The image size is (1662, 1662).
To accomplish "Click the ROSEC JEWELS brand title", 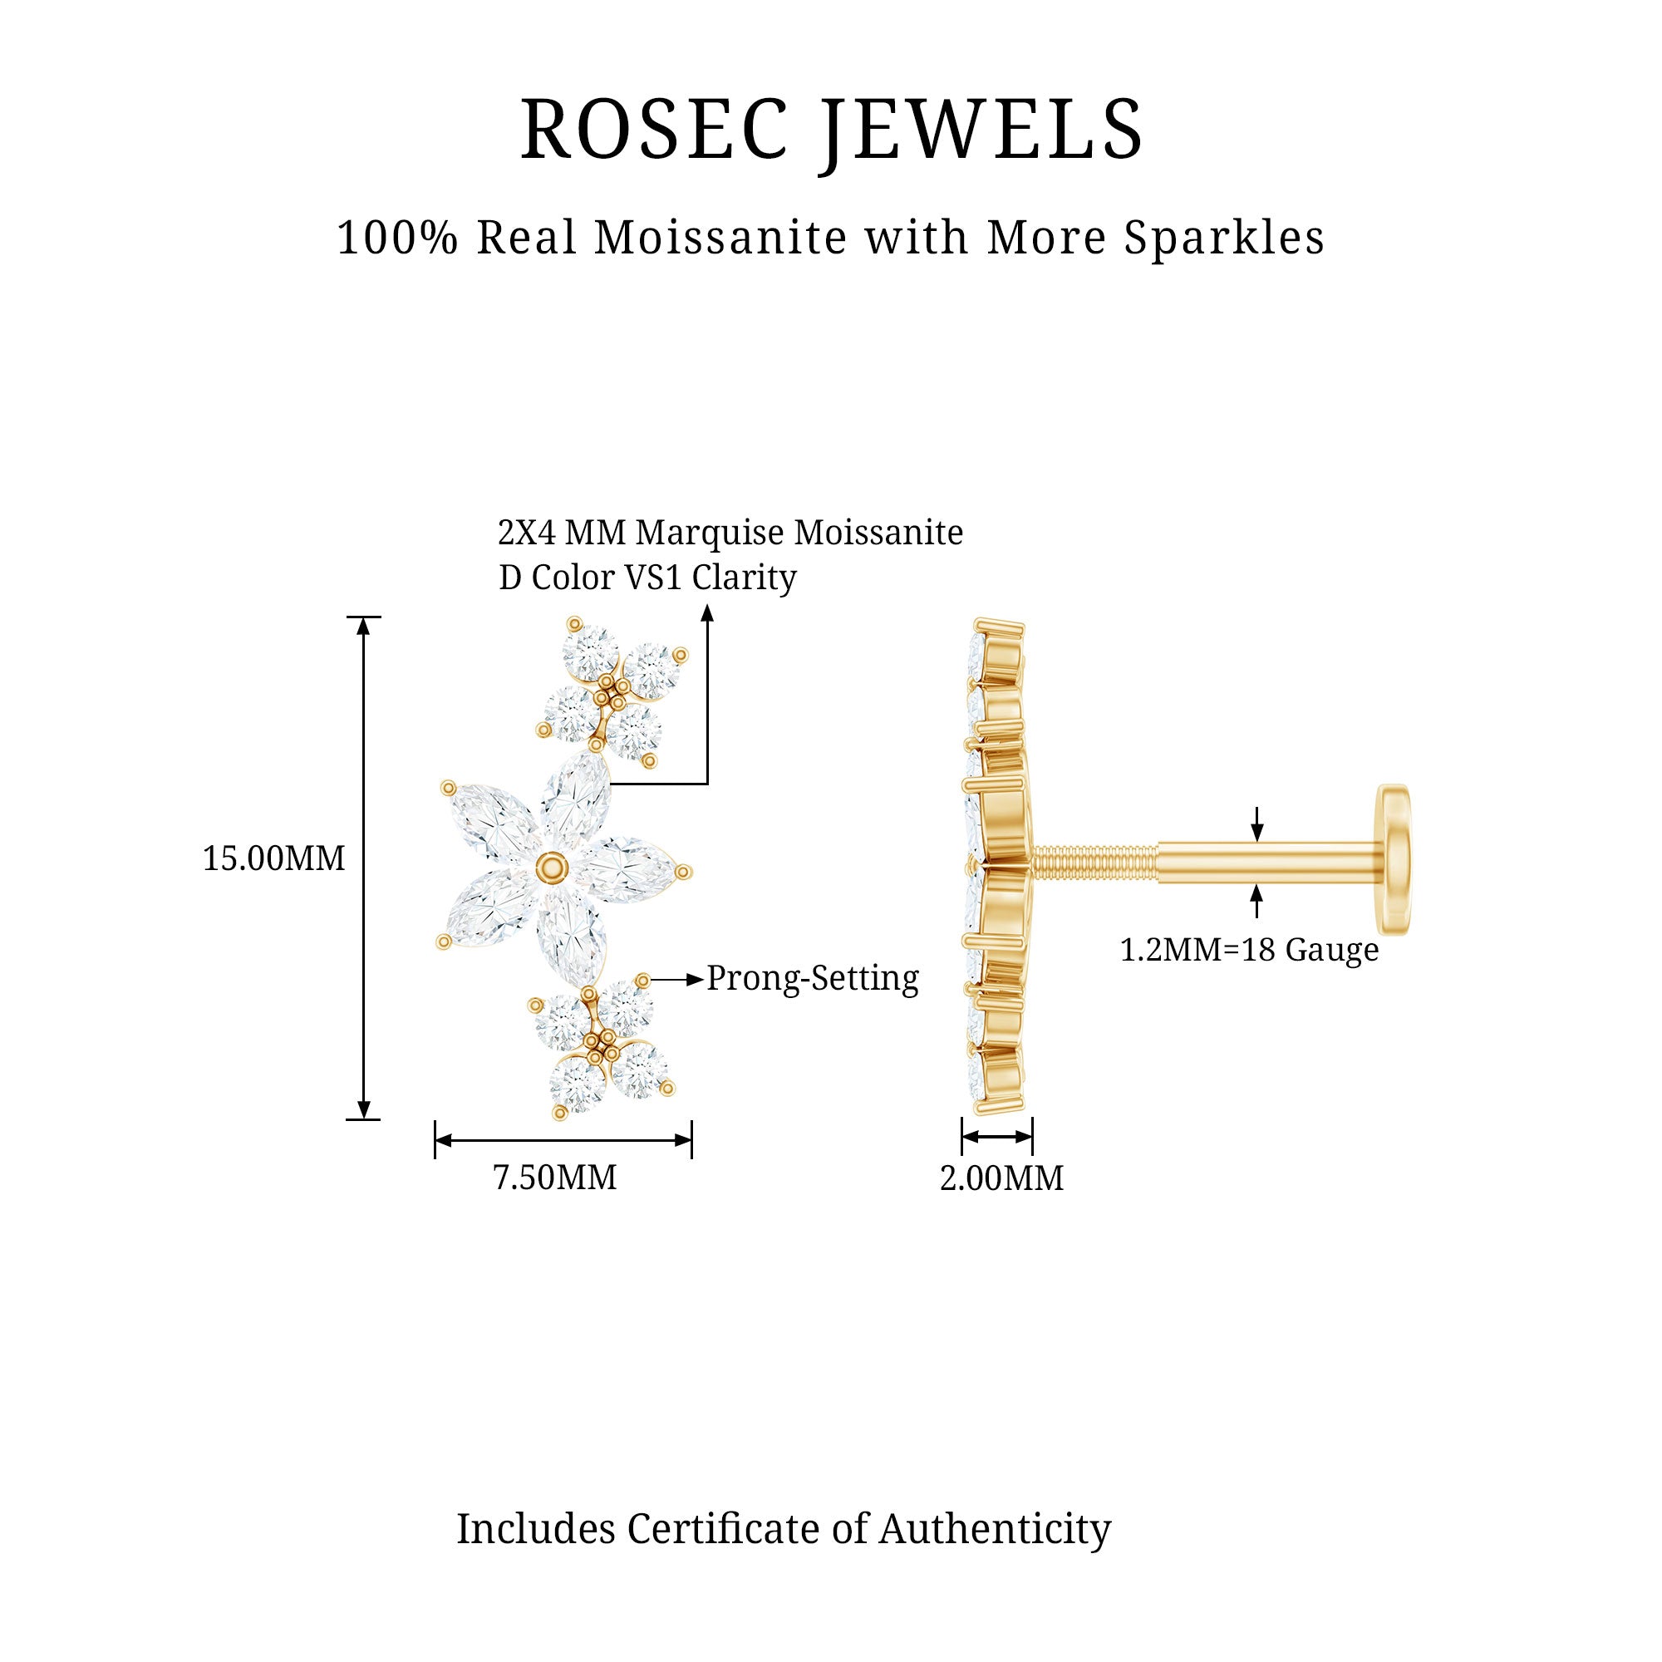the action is (831, 130).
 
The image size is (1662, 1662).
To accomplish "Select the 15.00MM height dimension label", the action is (273, 858).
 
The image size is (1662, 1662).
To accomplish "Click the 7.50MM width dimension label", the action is (555, 1178).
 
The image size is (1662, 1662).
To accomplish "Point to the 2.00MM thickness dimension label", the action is (1001, 1178).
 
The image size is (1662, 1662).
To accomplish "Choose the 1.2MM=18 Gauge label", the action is (1249, 950).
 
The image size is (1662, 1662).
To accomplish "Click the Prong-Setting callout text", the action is (813, 979).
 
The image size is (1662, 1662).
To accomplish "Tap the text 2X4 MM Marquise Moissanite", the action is (730, 534).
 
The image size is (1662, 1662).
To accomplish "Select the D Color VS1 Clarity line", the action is (648, 578).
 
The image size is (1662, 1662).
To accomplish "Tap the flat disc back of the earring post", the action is (1394, 859).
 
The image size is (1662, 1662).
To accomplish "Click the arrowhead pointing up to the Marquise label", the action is (708, 612).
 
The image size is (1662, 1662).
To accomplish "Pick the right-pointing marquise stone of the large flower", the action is (632, 871).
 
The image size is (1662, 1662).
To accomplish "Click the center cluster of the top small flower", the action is (612, 691).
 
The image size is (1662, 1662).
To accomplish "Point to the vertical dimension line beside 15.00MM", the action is (364, 868).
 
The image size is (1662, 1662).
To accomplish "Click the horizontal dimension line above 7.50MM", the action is (563, 1141).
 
